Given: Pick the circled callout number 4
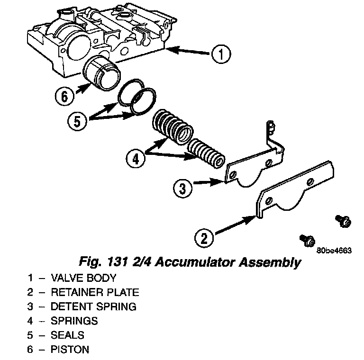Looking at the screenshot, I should click(x=136, y=157).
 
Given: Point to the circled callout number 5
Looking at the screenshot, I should click(x=77, y=120).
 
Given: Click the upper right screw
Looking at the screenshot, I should click(x=343, y=220).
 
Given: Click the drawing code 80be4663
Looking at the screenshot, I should click(x=334, y=251).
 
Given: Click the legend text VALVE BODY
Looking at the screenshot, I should click(x=83, y=278).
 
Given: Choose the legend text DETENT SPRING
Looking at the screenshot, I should click(x=93, y=306).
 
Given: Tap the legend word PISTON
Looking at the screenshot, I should click(x=70, y=350).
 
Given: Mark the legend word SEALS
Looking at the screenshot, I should click(x=67, y=335).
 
